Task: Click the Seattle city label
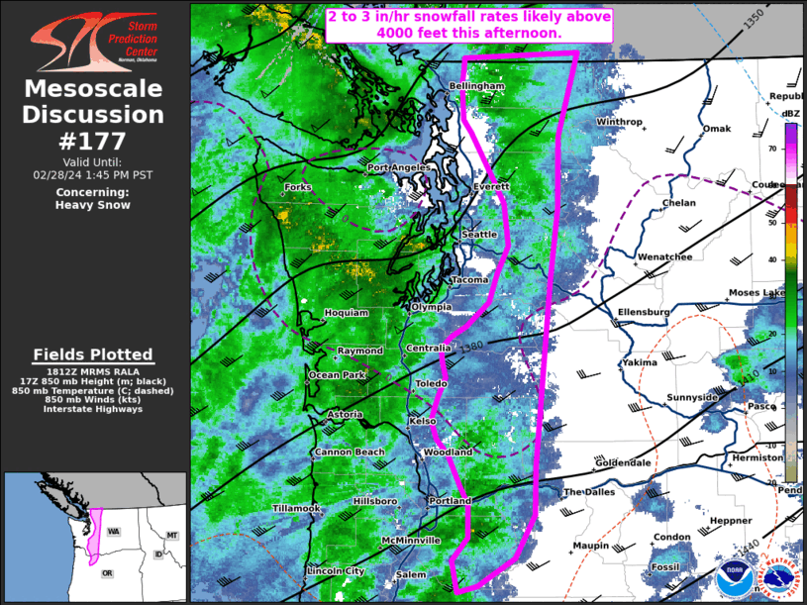click(x=479, y=234)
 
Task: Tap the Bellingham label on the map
click(x=477, y=86)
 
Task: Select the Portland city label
click(x=450, y=501)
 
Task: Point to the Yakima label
click(x=640, y=362)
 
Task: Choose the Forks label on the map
click(x=298, y=187)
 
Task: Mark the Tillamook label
click(x=297, y=509)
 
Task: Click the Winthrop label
click(x=619, y=122)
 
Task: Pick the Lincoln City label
click(x=337, y=571)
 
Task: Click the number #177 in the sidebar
click(x=93, y=140)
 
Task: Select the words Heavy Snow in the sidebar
click(x=93, y=205)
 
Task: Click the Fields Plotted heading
click(x=93, y=354)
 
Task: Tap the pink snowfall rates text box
click(x=469, y=25)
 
